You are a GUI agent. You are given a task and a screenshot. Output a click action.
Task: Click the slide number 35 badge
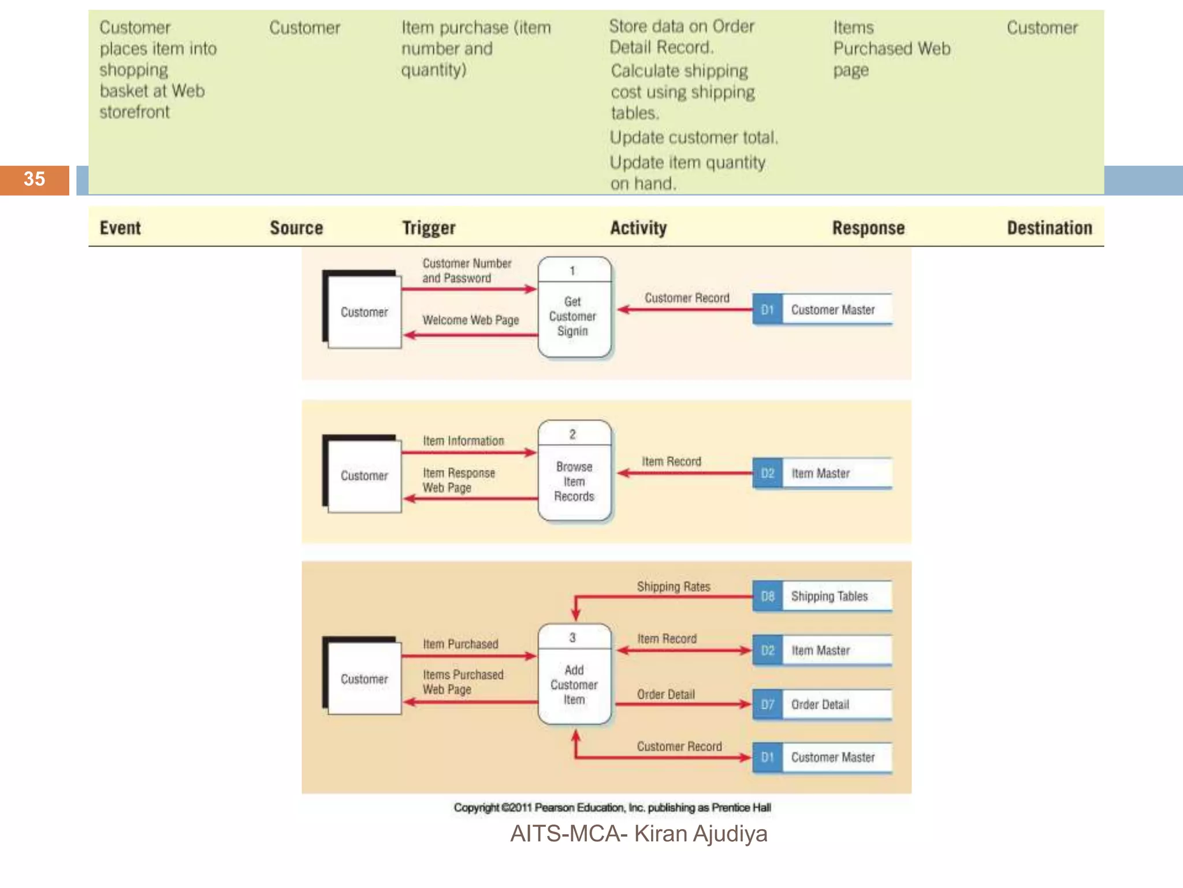[34, 179]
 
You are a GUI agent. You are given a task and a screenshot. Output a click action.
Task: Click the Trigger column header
[429, 228]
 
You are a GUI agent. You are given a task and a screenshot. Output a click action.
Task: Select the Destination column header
[1049, 228]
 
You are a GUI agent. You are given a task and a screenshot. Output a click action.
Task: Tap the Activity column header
[638, 228]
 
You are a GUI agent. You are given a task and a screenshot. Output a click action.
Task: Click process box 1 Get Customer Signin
[574, 308]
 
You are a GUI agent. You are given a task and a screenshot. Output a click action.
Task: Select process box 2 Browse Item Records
[574, 472]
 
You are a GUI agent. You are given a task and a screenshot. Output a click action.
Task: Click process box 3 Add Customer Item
[574, 675]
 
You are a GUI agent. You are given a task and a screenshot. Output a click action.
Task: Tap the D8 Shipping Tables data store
[822, 596]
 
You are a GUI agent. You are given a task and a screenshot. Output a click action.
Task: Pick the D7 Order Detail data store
[822, 704]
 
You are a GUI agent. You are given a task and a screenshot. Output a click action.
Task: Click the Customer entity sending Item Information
[364, 475]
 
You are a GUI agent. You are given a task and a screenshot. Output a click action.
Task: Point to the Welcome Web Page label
[470, 320]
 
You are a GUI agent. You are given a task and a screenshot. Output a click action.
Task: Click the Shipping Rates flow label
[673, 587]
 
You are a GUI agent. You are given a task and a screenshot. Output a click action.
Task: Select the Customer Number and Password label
[466, 271]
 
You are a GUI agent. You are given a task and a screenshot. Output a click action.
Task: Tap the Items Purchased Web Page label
[462, 682]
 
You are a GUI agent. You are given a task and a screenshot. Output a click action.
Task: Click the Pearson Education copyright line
[612, 808]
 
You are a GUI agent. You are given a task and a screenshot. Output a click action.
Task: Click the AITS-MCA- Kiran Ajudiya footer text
[638, 834]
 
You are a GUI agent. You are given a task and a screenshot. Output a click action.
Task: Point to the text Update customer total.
[694, 138]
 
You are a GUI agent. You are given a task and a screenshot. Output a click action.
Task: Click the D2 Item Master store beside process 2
[822, 473]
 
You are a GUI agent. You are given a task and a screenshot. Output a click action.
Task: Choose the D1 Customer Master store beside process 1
[822, 310]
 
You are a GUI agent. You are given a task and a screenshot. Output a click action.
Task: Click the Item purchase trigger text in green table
[475, 49]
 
